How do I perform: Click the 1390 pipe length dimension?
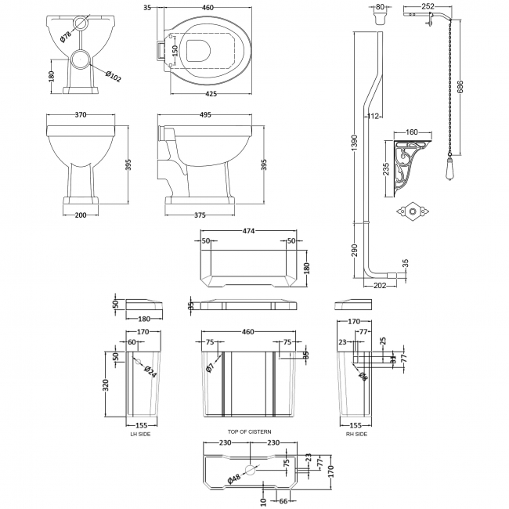pos(355,143)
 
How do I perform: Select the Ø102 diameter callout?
pos(110,76)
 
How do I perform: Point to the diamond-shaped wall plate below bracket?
pos(410,211)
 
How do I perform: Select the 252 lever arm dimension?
pos(428,6)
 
